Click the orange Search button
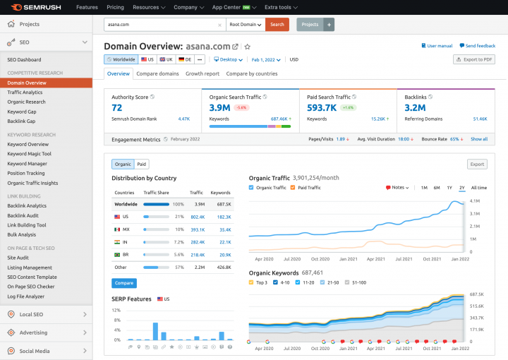[x=277, y=24]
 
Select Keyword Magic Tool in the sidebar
[x=29, y=154]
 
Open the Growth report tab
[x=202, y=73]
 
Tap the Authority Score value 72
[x=117, y=108]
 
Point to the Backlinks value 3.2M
[x=415, y=108]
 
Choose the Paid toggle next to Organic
[x=142, y=164]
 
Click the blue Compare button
[x=123, y=283]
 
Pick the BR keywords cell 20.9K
[x=224, y=254]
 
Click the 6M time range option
[x=437, y=188]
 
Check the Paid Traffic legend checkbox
[x=293, y=188]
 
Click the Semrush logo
[x=35, y=7]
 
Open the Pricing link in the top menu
[x=115, y=7]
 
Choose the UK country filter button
[x=167, y=60]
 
